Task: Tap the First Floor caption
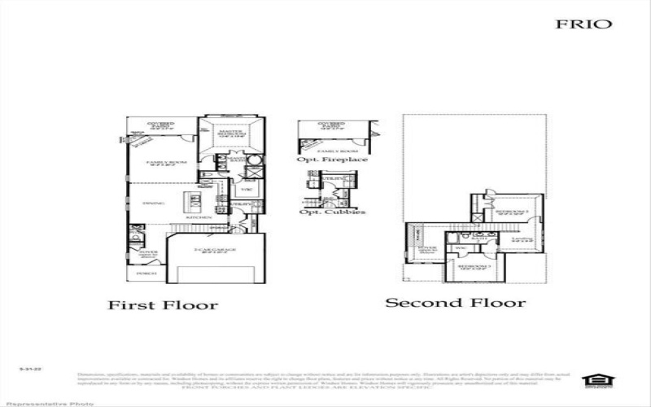click(164, 305)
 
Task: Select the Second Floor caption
click(455, 303)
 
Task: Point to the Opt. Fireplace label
click(332, 160)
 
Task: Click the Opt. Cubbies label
click(332, 212)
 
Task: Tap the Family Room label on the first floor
click(167, 163)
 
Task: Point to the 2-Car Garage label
click(215, 248)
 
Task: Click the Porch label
click(146, 274)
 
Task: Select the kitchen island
click(195, 199)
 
